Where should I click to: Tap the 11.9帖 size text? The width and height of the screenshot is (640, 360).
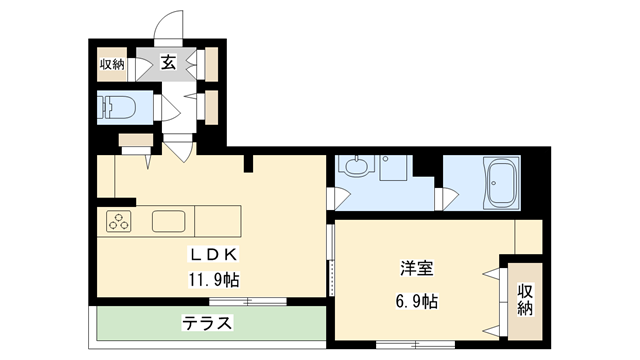[x=210, y=279]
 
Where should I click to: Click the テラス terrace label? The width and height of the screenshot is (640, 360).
[x=207, y=324]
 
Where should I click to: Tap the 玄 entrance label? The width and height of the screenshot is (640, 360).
[x=169, y=63]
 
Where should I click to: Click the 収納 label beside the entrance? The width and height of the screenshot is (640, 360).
[x=112, y=64]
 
